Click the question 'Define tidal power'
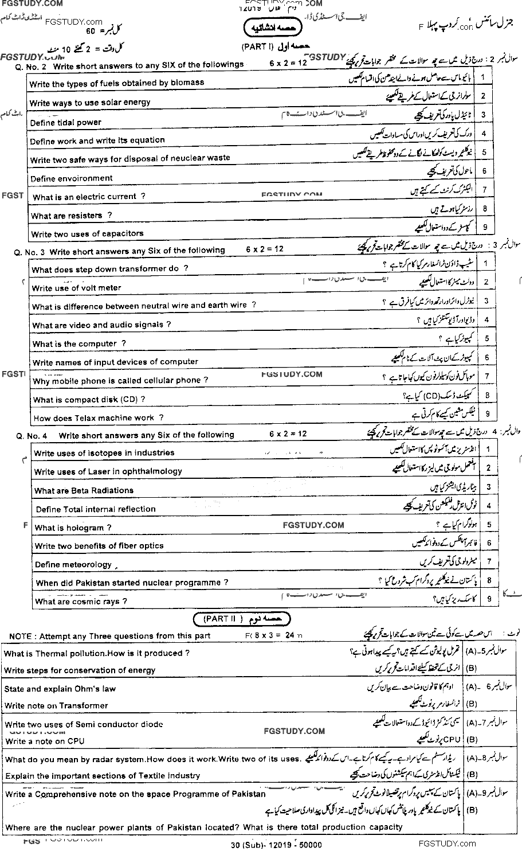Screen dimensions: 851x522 (x=65, y=123)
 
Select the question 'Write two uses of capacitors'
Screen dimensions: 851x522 (x=87, y=234)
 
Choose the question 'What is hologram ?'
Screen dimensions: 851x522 (x=73, y=528)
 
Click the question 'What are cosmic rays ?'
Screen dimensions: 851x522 (x=81, y=602)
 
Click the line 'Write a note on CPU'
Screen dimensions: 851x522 (x=44, y=741)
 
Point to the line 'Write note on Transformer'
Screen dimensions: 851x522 (x=56, y=705)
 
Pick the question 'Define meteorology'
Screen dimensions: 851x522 (x=73, y=564)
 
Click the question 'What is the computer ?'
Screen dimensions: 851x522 (x=79, y=343)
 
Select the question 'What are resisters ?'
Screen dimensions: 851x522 (x=71, y=216)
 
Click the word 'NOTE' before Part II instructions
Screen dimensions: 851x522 (x=20, y=636)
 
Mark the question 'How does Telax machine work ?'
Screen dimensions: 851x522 (x=98, y=418)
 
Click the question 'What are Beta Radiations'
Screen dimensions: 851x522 (x=84, y=490)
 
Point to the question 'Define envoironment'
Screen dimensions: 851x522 (x=71, y=178)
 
